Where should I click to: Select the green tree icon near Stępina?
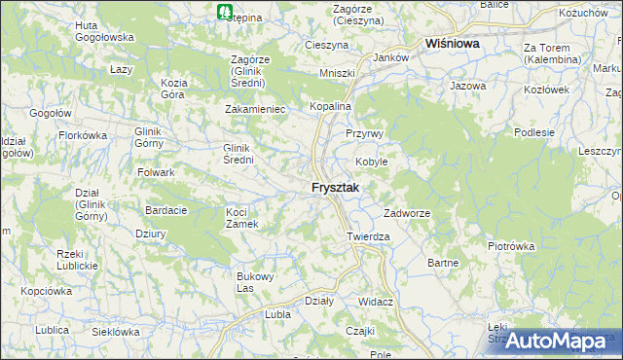pos(226,13)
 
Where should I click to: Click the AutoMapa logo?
pos(557,341)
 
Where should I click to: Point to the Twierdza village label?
pos(368,236)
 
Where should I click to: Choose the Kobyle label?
pos(371,162)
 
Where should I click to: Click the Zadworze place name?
pos(407,213)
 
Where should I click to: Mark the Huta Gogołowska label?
pos(104,31)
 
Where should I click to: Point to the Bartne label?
pos(443,263)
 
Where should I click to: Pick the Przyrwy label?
pos(365,133)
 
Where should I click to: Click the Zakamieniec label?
pos(255,110)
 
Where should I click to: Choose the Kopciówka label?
pos(47,291)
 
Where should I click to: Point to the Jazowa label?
pos(467,87)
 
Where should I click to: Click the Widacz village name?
pos(375,302)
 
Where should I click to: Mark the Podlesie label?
pos(534,132)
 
